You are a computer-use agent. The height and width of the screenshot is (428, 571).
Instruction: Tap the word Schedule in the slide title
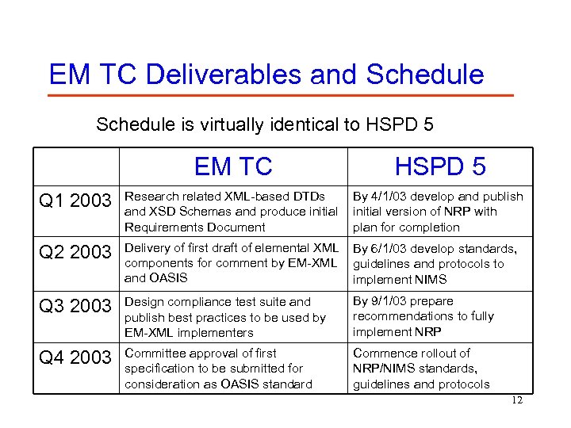point(424,75)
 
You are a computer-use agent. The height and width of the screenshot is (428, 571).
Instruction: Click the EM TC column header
point(233,166)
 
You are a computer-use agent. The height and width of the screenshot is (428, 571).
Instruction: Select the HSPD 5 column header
point(440,166)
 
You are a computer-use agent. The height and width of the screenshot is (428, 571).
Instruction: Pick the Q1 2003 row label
point(76,201)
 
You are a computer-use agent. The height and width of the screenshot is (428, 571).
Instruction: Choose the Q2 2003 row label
point(76,252)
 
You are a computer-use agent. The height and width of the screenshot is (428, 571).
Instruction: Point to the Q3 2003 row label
point(76,306)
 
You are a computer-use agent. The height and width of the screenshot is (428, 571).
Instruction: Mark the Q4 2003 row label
point(76,357)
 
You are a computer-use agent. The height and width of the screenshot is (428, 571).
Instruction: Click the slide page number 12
point(517,400)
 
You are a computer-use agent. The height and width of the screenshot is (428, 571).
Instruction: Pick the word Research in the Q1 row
point(151,197)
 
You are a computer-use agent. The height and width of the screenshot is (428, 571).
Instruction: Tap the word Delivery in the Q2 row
point(148,249)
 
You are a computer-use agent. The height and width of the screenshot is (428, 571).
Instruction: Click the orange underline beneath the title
point(281,96)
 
